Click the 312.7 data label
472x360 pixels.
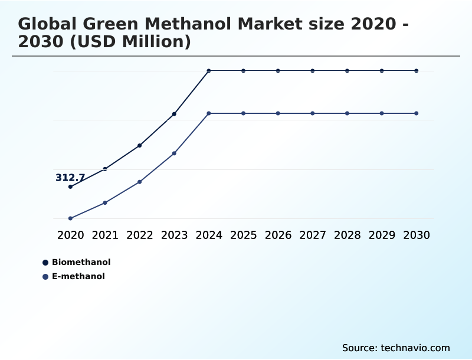(70, 178)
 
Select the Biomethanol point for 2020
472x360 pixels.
(70, 186)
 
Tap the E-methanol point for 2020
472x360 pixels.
(70, 218)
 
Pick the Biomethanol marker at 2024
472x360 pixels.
(209, 71)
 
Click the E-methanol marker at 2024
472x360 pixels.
(209, 113)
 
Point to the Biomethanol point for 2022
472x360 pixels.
(140, 145)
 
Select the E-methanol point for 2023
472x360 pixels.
(174, 153)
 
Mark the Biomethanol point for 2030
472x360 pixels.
(417, 71)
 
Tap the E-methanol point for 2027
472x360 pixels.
(313, 113)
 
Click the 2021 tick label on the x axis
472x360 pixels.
(105, 235)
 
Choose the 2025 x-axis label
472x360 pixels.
(243, 235)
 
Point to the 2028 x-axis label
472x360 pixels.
(347, 235)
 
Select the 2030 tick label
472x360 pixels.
(417, 235)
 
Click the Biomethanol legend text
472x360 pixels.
(81, 262)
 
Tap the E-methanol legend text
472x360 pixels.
(78, 276)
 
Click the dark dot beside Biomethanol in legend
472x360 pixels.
(45, 263)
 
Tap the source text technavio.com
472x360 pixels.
(415, 348)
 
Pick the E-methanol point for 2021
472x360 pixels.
(105, 203)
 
